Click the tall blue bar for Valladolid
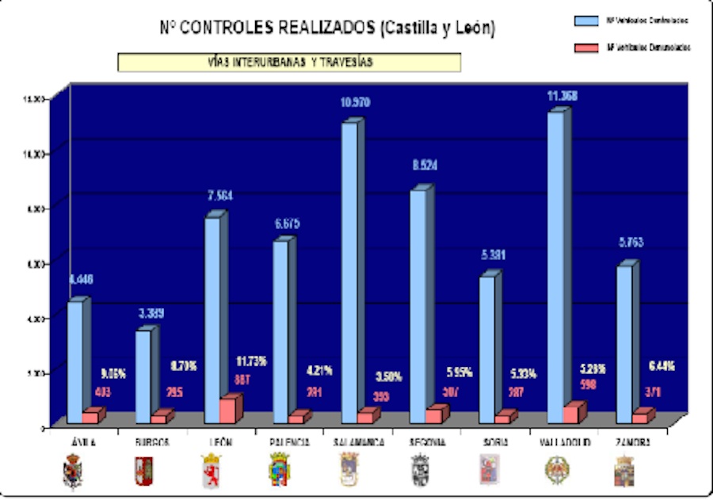[x=555, y=261]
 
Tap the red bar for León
[x=228, y=409]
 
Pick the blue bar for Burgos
[x=143, y=372]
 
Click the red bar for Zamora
[x=640, y=417]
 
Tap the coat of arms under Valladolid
[x=555, y=470]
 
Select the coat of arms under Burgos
[x=143, y=470]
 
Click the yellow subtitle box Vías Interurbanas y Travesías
[x=289, y=63]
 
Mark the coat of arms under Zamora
[x=624, y=470]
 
